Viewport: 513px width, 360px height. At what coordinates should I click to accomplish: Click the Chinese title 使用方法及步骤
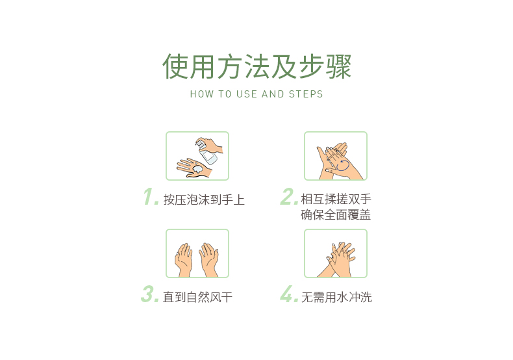pos(257,66)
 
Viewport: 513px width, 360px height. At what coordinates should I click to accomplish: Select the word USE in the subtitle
pos(246,94)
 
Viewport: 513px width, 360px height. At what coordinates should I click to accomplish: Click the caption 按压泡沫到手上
pos(204,199)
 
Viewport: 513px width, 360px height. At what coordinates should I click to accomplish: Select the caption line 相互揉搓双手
pos(336,199)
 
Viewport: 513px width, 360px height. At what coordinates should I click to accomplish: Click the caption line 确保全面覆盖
pos(336,214)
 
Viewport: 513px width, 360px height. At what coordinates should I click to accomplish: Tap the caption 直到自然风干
pos(197,297)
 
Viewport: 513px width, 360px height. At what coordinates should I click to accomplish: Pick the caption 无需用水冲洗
pos(336,297)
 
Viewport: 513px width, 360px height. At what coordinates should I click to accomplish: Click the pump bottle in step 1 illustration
pos(206,151)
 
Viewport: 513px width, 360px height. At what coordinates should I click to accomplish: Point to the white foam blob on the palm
pos(197,169)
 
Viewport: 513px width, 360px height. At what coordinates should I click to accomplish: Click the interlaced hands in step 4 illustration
pos(337,259)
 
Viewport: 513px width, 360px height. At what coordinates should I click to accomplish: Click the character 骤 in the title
pos(338,66)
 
